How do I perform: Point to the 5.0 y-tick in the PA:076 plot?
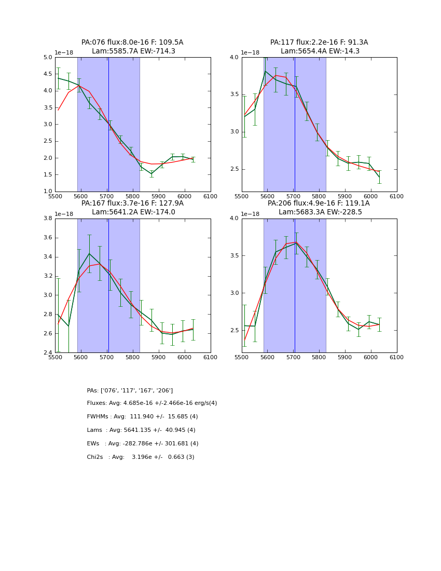(x=48, y=58)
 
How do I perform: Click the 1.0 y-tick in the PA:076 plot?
(x=48, y=192)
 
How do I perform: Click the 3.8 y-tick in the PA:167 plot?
(x=48, y=219)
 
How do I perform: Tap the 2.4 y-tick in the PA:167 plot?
(x=48, y=352)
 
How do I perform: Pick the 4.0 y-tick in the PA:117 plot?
(x=235, y=58)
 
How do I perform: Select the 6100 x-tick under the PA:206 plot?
(x=397, y=357)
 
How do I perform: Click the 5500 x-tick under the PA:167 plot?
(x=55, y=357)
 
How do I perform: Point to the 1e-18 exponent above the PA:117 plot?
(x=251, y=53)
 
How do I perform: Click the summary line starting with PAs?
(x=130, y=390)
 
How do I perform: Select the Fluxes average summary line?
(x=152, y=403)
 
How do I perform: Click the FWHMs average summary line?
(x=142, y=417)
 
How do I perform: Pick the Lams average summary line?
(x=141, y=430)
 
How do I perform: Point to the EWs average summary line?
(x=143, y=444)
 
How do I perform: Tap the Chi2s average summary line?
(x=141, y=457)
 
